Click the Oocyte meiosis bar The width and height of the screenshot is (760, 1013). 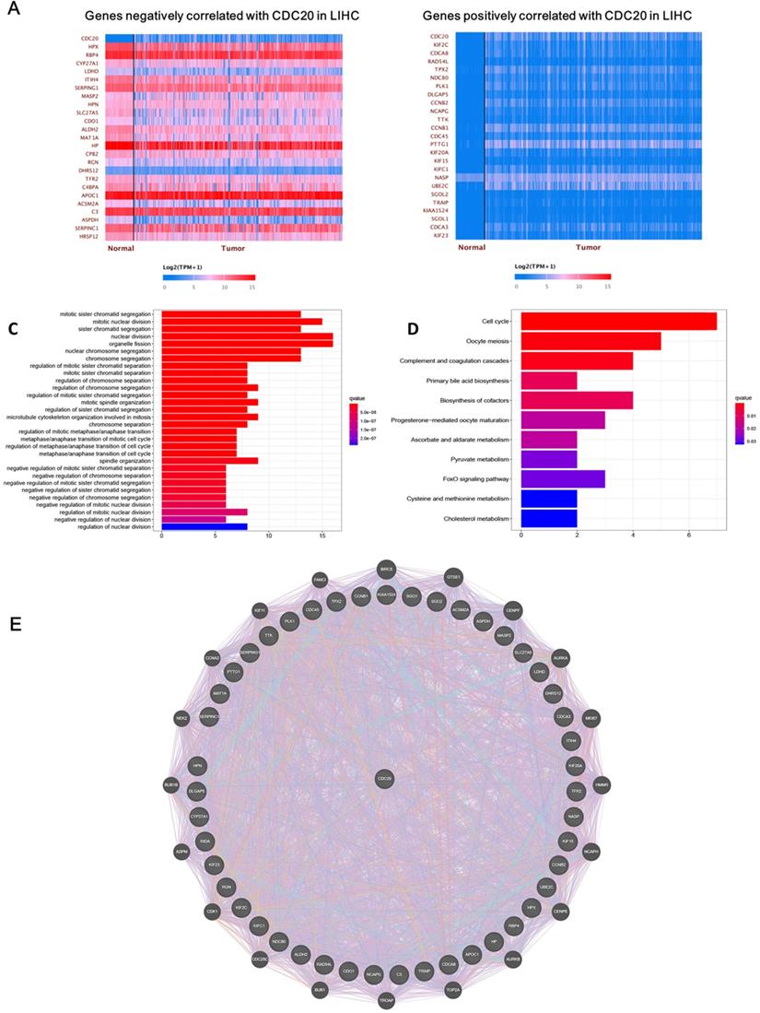[590, 342]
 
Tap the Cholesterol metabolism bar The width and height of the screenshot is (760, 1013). [549, 518]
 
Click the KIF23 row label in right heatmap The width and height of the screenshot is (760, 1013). [439, 236]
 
